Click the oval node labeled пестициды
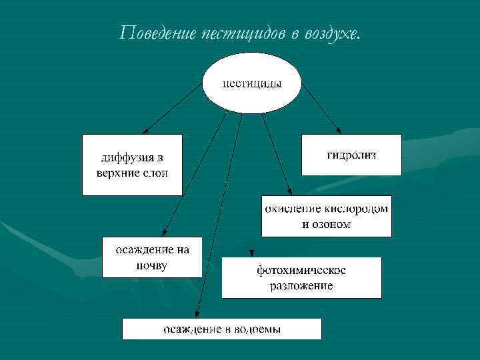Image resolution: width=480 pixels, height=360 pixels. [x=252, y=84]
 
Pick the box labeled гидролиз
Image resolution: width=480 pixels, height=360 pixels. [x=351, y=155]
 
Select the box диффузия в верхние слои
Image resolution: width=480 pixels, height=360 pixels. [x=132, y=165]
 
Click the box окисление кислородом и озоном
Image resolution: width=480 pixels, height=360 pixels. [x=326, y=216]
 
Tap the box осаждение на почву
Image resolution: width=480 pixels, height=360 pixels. [x=152, y=257]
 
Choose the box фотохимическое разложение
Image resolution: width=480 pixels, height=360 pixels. [x=301, y=277]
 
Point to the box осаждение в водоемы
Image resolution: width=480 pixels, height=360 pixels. [x=222, y=329]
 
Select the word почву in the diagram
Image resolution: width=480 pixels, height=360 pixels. [x=151, y=265]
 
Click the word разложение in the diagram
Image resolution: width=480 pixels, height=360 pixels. [x=301, y=286]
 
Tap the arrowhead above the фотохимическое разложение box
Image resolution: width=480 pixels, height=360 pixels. [x=251, y=253]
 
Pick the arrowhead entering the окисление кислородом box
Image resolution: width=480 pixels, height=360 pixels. [x=288, y=191]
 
